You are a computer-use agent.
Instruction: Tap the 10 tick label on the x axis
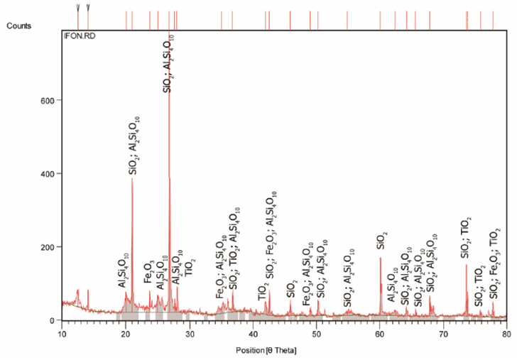[x=62, y=332]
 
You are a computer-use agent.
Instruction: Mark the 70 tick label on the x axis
[x=443, y=332]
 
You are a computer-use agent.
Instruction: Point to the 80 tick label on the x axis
[x=506, y=332]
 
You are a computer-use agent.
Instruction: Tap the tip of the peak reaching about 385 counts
[x=132, y=178]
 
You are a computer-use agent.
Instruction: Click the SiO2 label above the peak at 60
[x=381, y=240]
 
